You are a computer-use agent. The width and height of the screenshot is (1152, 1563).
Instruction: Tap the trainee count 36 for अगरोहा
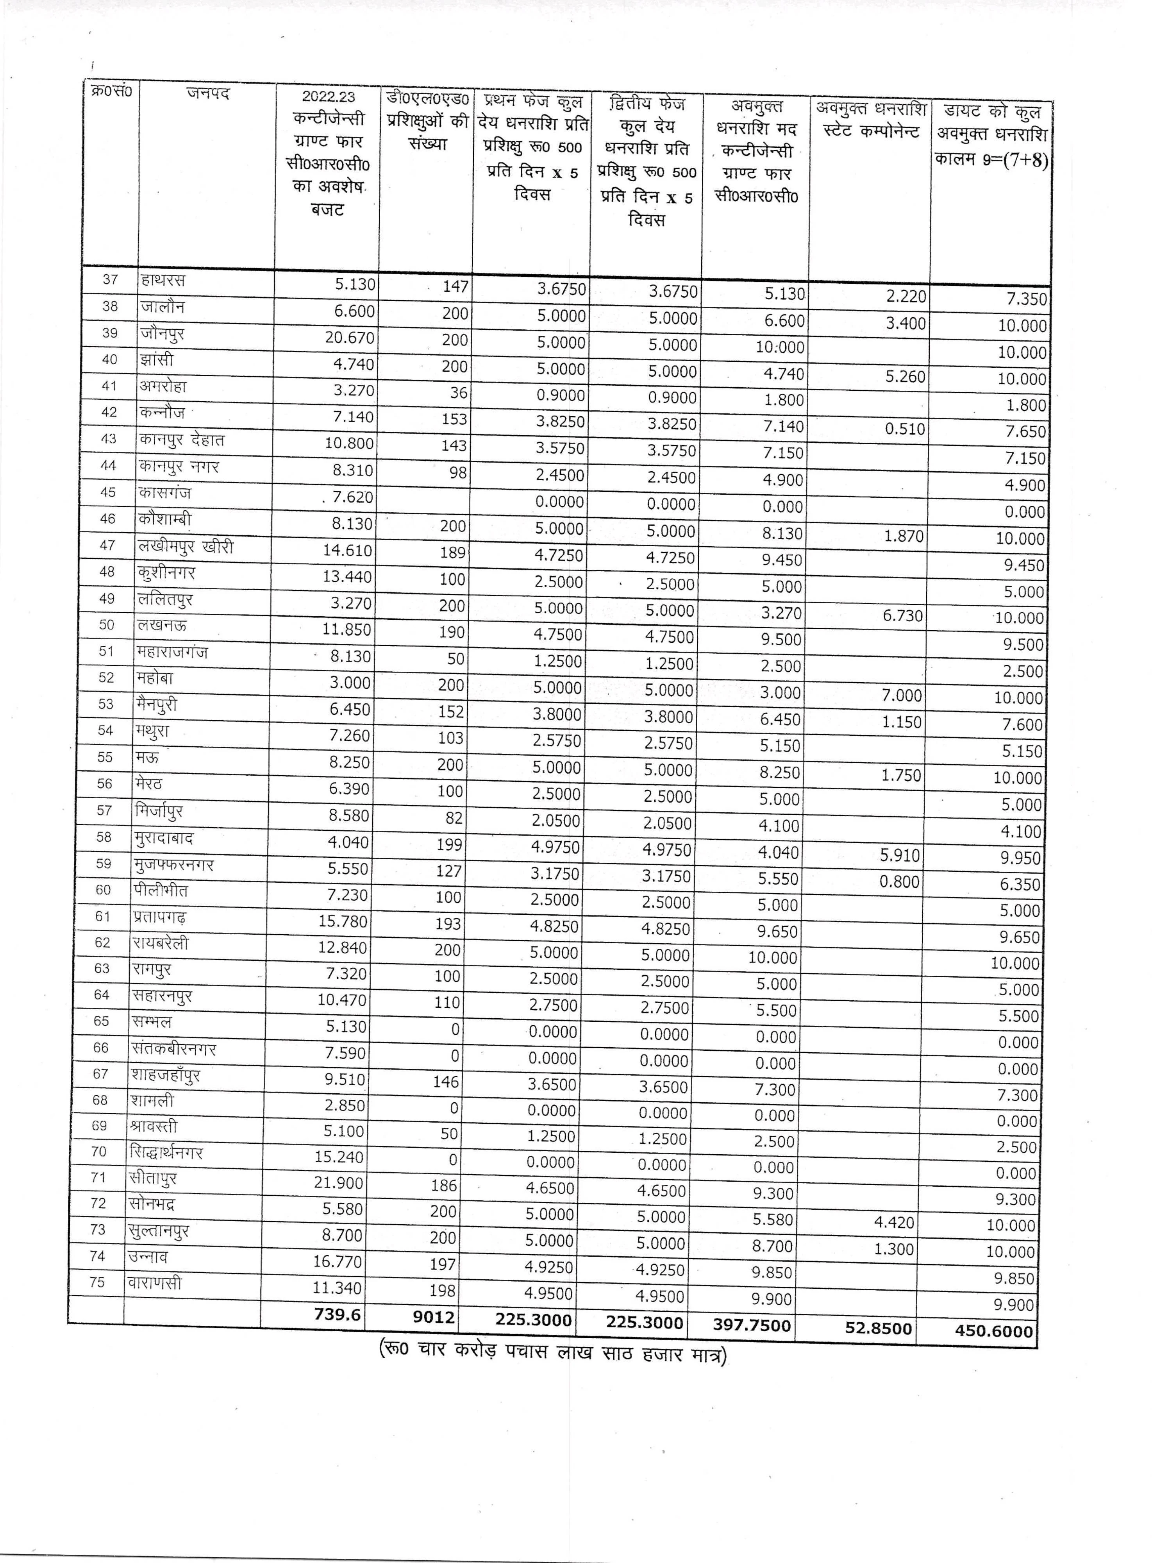point(458,393)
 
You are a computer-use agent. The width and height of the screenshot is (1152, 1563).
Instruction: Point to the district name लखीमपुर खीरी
point(186,547)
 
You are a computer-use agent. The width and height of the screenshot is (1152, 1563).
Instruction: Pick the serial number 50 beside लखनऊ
point(106,625)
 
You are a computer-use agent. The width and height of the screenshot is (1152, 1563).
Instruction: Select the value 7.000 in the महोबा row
point(902,696)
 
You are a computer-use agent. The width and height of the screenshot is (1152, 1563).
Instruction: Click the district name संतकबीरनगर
point(173,1048)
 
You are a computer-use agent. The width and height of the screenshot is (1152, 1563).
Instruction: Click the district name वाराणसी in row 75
point(155,1282)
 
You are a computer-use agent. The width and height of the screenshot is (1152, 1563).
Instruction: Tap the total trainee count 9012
point(434,1317)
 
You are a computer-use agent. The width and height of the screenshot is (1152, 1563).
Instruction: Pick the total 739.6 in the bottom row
point(338,1314)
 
